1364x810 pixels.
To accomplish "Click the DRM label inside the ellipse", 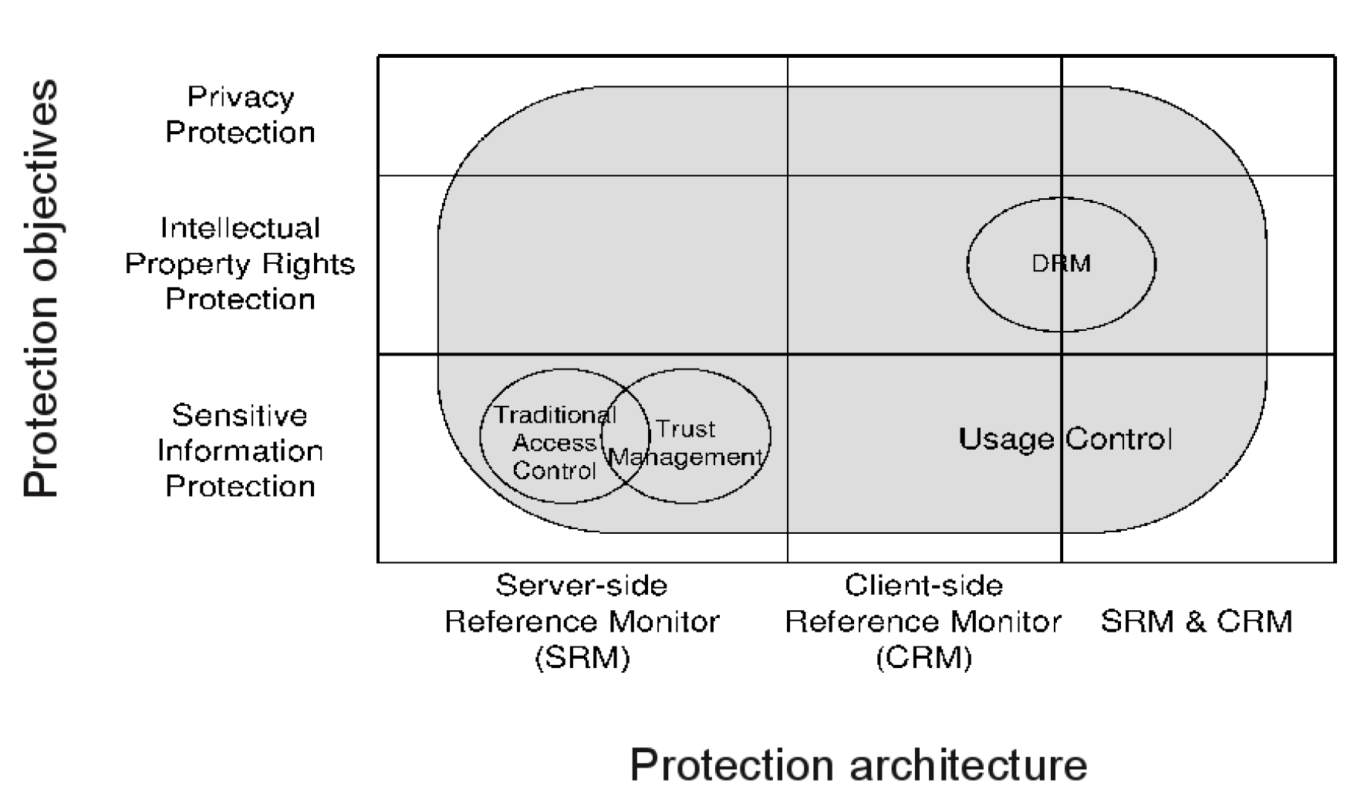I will coord(1061,264).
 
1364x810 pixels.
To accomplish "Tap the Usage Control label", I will coord(1065,439).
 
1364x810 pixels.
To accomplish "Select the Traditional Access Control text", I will coord(555,443).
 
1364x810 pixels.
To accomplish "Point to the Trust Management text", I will coord(686,444).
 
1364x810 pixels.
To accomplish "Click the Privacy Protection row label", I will coord(240,115).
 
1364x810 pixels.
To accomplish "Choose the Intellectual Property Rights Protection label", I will coord(240,264).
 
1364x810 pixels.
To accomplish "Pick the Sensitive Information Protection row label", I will coord(240,451).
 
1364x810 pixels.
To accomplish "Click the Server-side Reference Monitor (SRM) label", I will coord(582,621).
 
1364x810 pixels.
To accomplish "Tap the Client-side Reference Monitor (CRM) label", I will coord(923,621).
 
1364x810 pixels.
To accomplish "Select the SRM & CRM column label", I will coord(1196,621).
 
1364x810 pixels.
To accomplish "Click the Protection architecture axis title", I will coord(858,765).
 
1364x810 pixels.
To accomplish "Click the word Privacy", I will coord(240,98).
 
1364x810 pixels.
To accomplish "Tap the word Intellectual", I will coord(240,228).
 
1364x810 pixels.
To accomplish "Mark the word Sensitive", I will coord(240,416).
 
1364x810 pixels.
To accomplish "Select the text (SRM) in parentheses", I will coord(582,657).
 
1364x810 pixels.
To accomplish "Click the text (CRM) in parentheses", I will coord(923,657).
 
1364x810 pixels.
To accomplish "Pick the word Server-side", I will coord(582,586).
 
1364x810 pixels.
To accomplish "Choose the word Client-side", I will coord(923,586).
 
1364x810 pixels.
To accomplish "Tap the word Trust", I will coord(686,429).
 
